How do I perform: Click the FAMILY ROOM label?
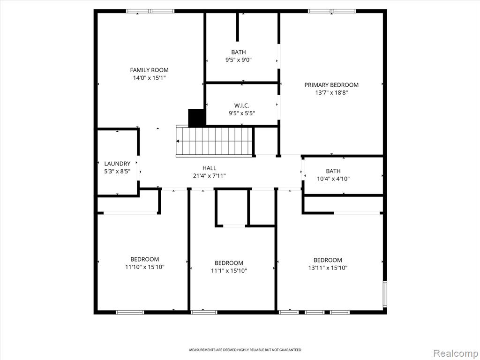(x=149, y=70)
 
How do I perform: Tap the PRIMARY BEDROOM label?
(x=331, y=85)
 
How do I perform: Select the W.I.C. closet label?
(x=242, y=105)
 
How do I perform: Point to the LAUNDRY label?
(x=117, y=164)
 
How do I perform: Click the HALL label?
(x=210, y=168)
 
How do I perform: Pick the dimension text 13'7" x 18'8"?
(x=331, y=92)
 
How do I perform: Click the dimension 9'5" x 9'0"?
(x=239, y=60)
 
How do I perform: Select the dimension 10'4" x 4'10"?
(x=333, y=179)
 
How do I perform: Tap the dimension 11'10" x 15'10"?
(x=145, y=267)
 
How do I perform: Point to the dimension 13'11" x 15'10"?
(x=328, y=268)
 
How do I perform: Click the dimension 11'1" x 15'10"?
(x=229, y=270)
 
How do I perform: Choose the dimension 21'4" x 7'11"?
(x=210, y=176)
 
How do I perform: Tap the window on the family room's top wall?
(x=150, y=11)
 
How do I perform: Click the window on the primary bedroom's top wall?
(x=332, y=11)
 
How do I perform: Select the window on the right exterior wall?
(x=385, y=294)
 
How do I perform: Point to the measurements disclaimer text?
(x=245, y=350)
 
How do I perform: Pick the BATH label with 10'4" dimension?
(x=333, y=171)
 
